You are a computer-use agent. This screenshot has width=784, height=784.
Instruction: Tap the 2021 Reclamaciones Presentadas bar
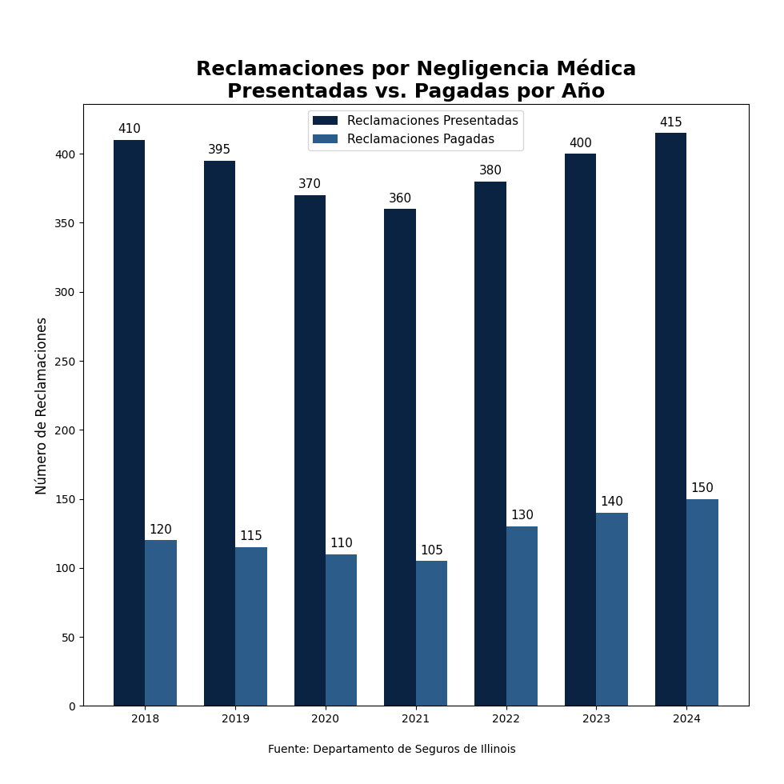point(400,457)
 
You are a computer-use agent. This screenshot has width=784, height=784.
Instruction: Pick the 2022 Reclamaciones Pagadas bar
point(522,616)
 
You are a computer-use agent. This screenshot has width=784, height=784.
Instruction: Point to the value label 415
point(670,122)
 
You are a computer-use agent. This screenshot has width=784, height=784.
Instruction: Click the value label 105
point(431,550)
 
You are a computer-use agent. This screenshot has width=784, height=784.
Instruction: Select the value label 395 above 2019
point(219,150)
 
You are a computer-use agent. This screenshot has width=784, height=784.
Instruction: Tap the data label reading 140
point(611,502)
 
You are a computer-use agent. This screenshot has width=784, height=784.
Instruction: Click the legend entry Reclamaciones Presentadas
point(432,121)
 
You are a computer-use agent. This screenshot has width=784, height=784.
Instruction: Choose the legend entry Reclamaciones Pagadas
point(420,139)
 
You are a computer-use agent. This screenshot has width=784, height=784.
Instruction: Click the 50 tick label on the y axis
point(67,638)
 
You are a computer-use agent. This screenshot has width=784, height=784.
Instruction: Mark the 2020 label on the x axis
point(326,719)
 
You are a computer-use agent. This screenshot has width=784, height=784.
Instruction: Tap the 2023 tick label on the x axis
point(596,719)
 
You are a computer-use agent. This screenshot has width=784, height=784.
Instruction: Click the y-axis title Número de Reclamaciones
point(42,406)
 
